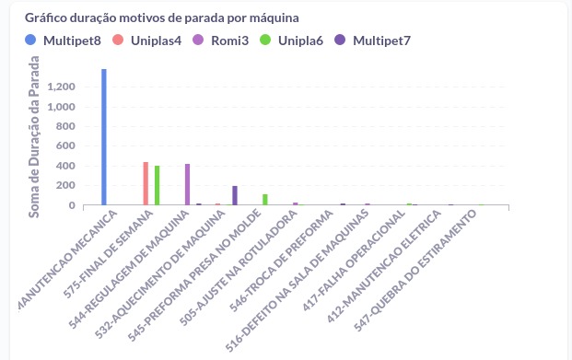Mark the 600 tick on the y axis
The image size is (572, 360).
click(x=64, y=146)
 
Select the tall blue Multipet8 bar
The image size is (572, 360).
click(x=104, y=137)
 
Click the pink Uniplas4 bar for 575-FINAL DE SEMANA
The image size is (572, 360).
click(x=146, y=183)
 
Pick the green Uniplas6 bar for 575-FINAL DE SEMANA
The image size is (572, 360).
click(x=158, y=185)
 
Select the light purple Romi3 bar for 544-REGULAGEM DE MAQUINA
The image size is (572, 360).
click(x=187, y=184)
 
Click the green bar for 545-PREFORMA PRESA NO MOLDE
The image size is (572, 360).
click(x=265, y=200)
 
